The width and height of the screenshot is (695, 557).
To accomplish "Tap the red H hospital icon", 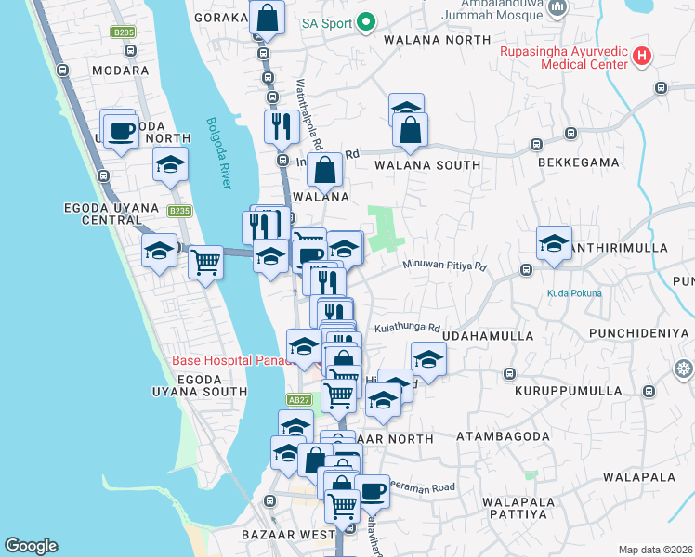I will coord(641,57).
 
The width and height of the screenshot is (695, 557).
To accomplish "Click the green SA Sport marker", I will coord(366,21).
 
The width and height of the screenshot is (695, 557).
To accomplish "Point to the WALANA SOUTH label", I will coord(427,165).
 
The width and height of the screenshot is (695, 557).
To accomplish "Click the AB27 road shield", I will coord(298,399).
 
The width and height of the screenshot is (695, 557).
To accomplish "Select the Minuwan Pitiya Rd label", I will coord(444,266).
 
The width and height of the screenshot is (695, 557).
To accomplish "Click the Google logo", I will coord(31,546).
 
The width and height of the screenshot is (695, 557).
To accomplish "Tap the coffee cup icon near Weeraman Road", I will coord(373,490).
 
